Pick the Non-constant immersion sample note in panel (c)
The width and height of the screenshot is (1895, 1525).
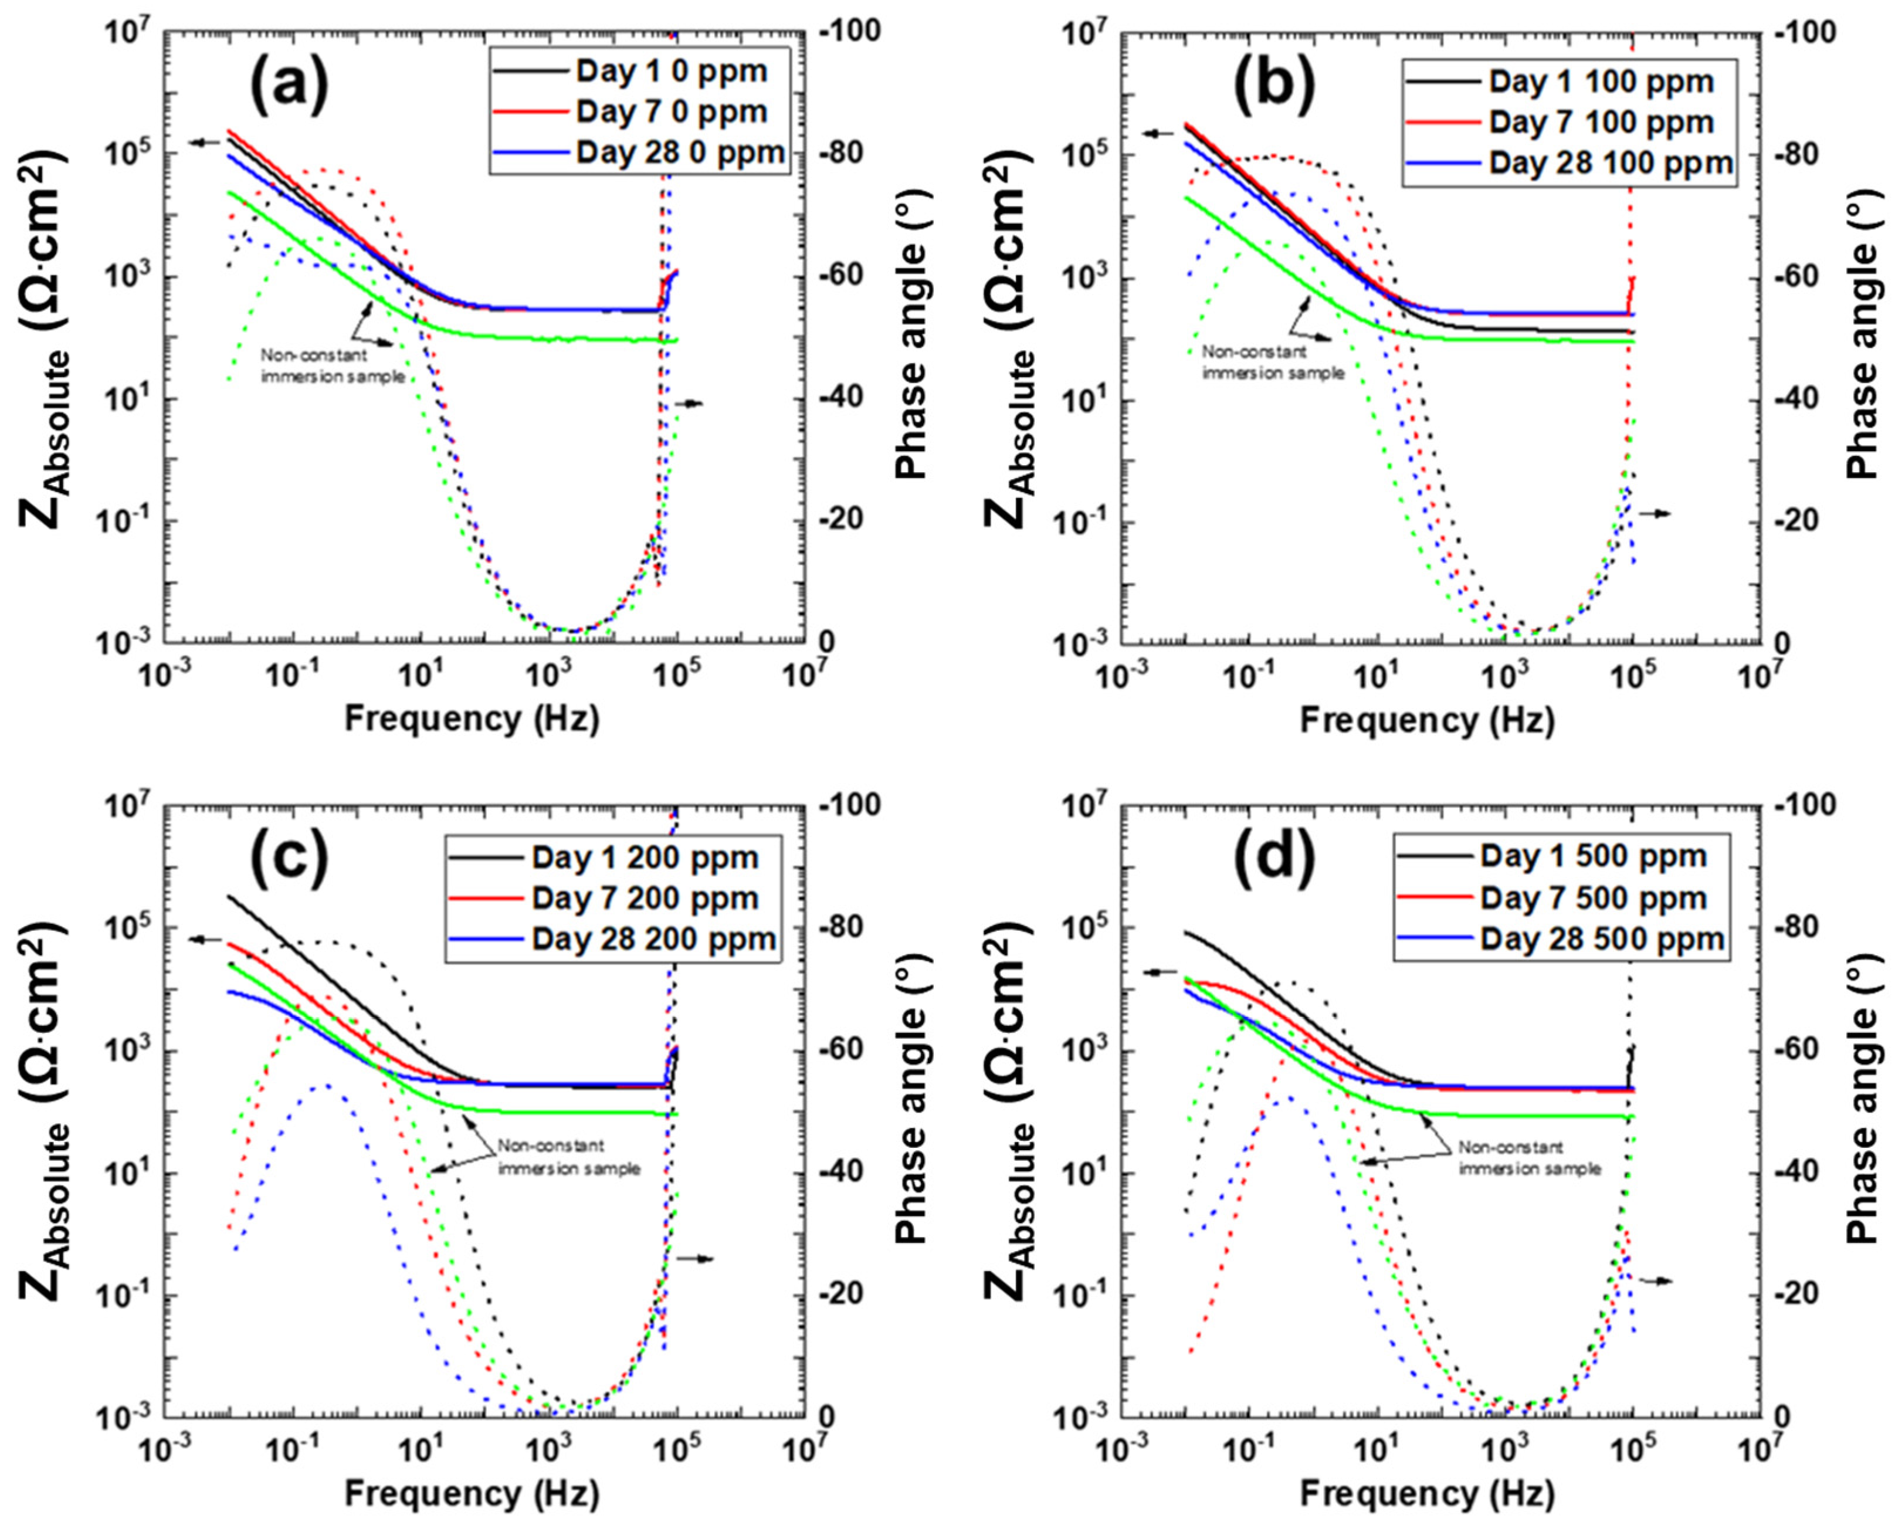pyautogui.click(x=568, y=1158)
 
